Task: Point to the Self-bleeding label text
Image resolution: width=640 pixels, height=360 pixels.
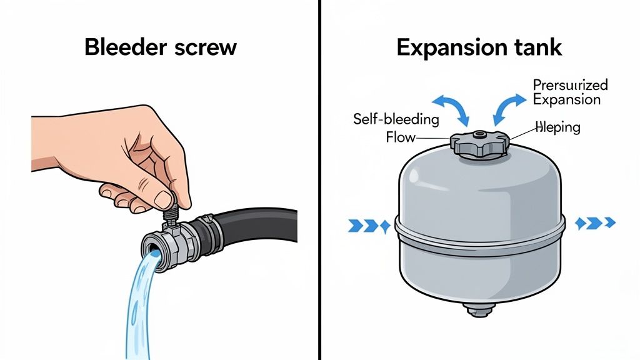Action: pos(396,119)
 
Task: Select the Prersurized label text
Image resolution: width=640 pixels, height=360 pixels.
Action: pos(570,86)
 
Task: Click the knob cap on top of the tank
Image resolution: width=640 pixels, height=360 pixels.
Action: pos(479,144)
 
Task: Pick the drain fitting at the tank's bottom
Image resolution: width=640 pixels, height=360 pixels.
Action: pos(480,307)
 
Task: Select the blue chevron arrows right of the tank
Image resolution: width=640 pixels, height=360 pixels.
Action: pos(595,222)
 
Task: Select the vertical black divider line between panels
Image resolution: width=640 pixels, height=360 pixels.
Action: pos(319,180)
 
